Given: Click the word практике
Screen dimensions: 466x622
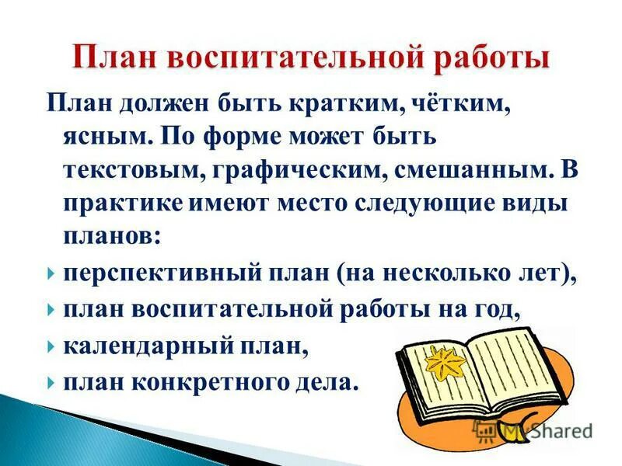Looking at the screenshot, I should pyautogui.click(x=123, y=204).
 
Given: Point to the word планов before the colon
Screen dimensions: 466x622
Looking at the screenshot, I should pyautogui.click(x=110, y=238).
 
